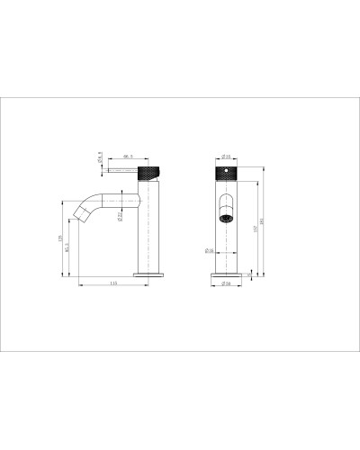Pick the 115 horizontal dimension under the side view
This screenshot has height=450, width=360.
pos(113,284)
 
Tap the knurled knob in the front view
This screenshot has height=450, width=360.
pos(225,172)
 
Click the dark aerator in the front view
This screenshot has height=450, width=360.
pos(225,216)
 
